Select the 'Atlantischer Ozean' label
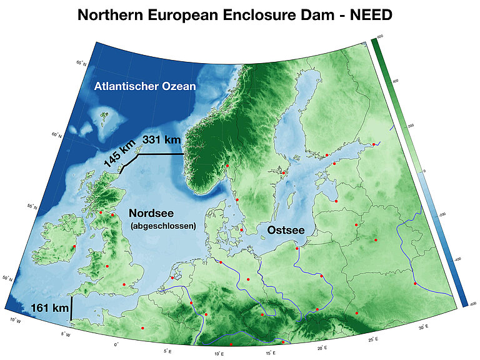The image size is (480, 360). coord(145,86)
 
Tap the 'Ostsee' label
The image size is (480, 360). coord(286,231)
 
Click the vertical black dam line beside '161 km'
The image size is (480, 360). coord(71,308)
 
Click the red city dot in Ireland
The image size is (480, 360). coord(74,246)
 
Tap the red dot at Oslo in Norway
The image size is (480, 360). coord(227,166)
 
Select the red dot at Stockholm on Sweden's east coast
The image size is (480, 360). coord(283,173)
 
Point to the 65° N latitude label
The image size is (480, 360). coord(80,64)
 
